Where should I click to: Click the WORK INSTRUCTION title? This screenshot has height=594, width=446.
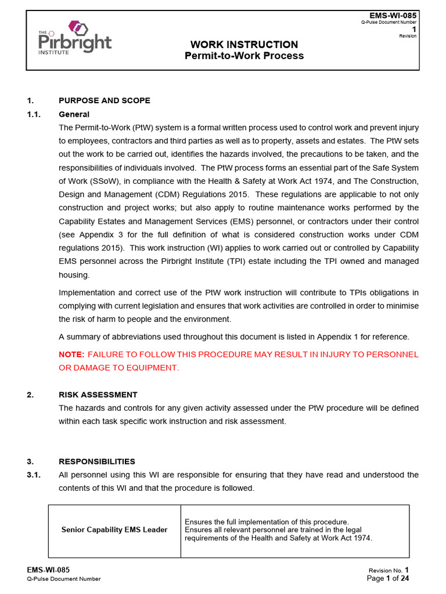244,45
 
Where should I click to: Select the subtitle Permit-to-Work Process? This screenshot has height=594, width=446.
244,56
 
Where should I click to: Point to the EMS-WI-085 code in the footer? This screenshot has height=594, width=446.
49,570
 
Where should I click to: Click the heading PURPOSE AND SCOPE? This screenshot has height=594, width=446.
105,100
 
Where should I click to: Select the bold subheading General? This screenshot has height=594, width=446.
74,114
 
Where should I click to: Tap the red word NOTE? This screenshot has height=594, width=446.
71,354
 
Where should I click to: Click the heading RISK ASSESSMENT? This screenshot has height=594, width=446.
98,394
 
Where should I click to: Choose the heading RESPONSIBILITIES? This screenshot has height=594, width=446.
97,461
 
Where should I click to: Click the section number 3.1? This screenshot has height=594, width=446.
34,475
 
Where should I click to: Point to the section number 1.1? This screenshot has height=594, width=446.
34,114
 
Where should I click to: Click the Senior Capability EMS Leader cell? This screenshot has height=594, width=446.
114,530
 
